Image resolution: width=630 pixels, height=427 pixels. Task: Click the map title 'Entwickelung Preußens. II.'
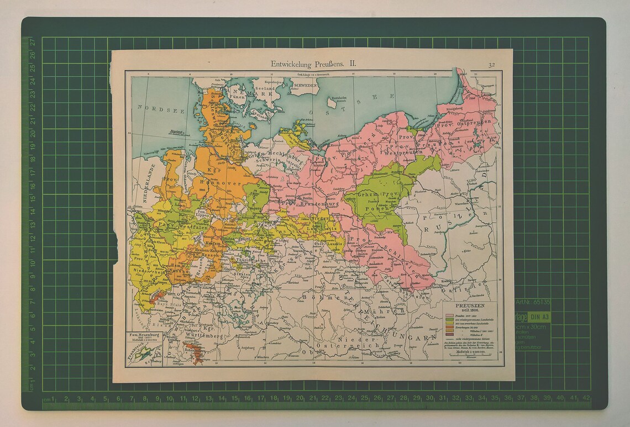[x=313, y=64]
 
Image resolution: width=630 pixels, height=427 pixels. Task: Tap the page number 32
[x=491, y=65]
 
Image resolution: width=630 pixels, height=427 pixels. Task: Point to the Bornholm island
[x=333, y=102]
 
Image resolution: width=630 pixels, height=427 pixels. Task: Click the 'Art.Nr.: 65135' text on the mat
[x=533, y=302]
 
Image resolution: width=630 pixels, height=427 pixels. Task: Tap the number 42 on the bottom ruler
[x=586, y=398]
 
